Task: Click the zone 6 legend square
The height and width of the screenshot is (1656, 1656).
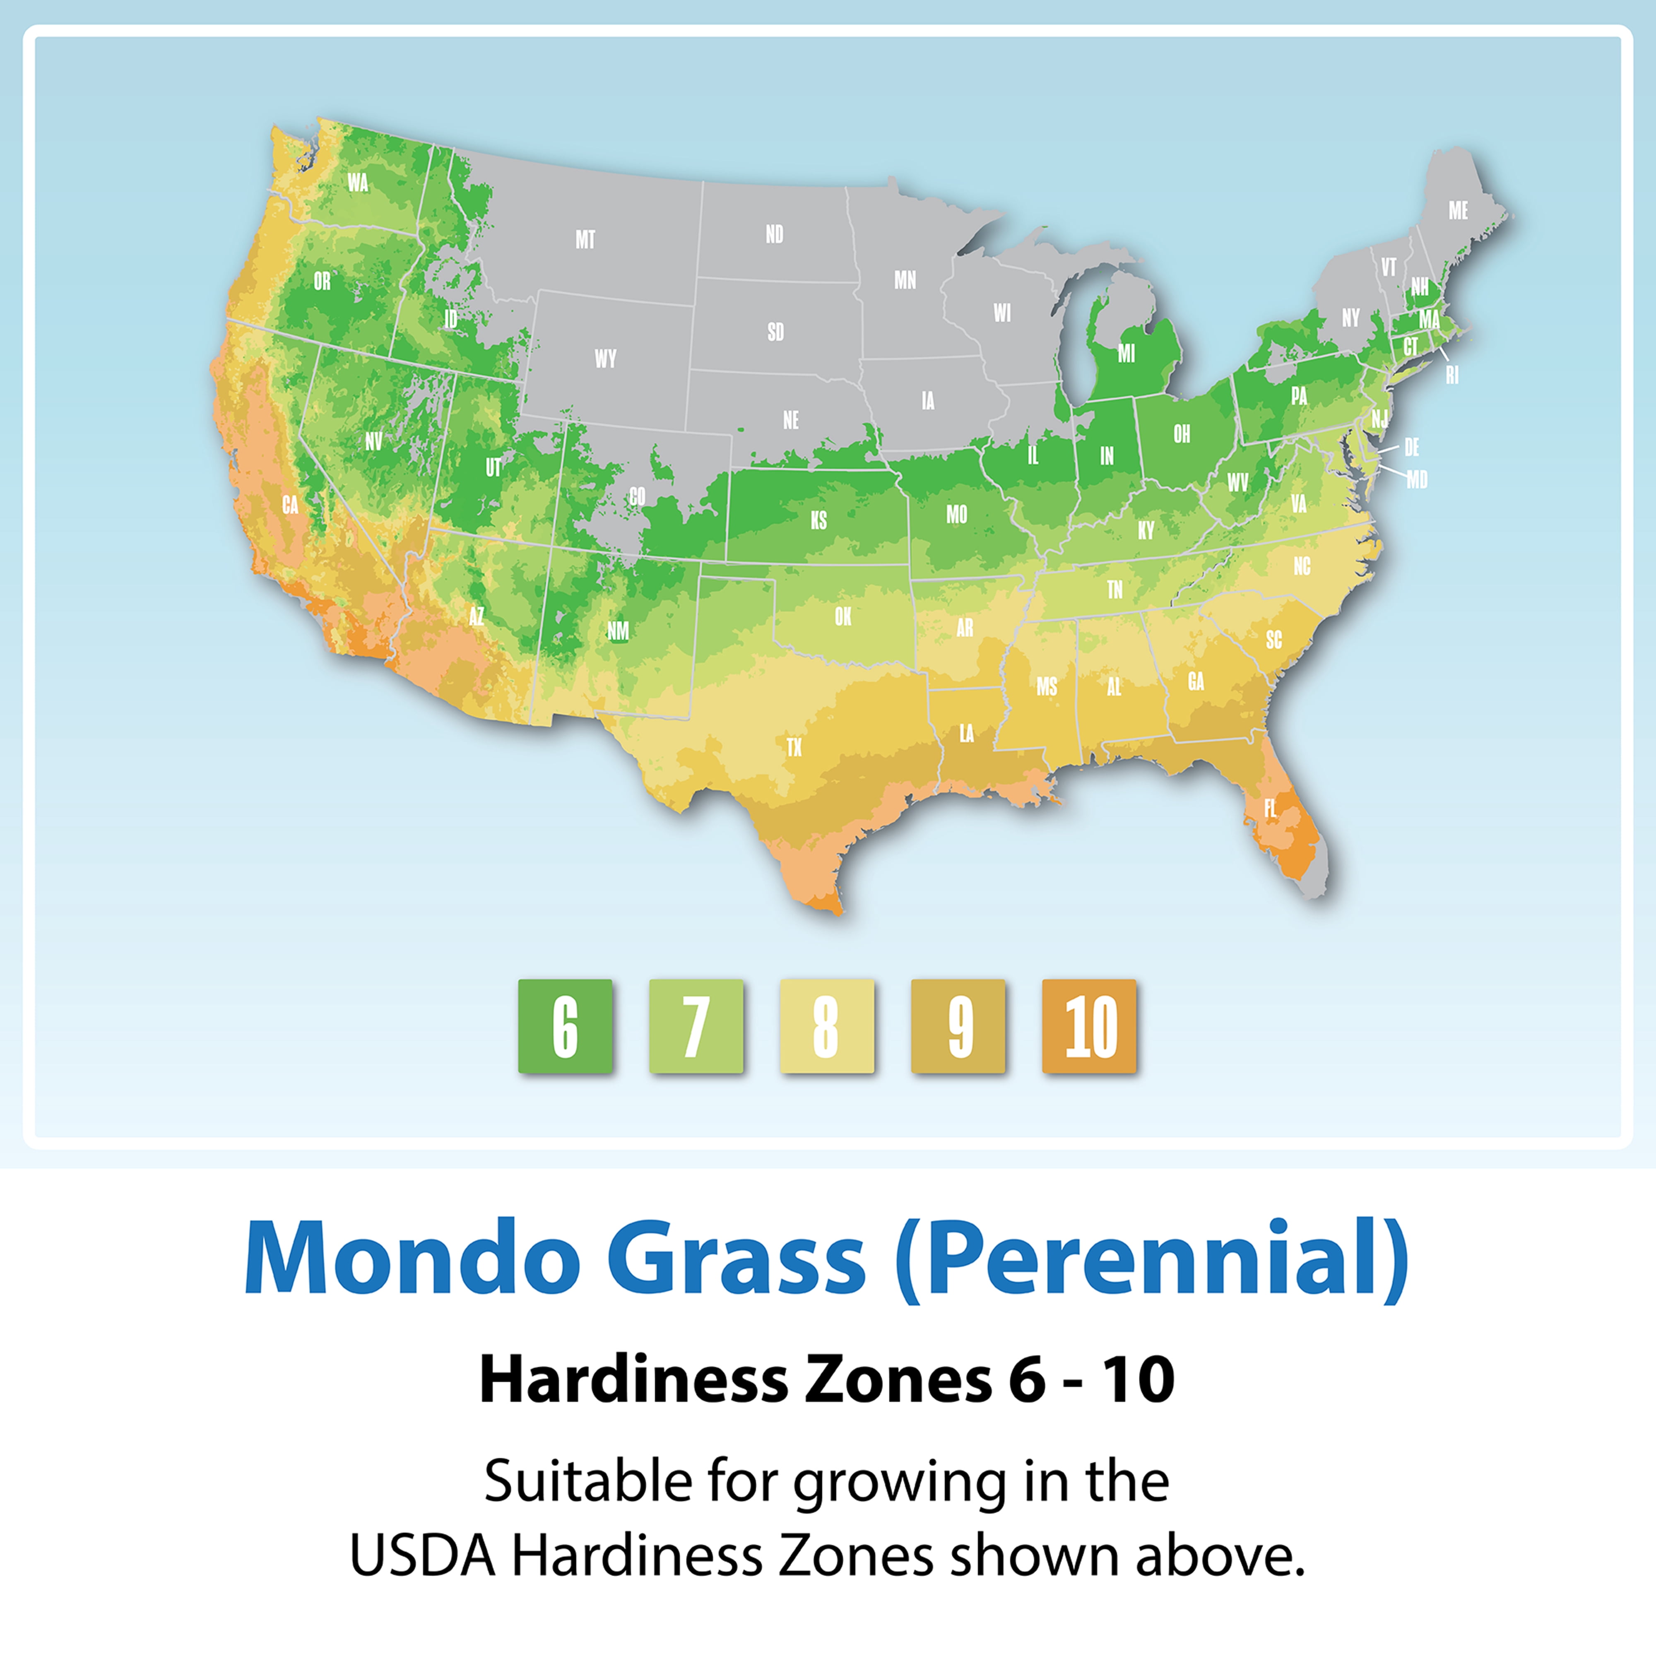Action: (565, 1026)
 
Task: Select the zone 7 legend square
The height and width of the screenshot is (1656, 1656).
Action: (696, 1026)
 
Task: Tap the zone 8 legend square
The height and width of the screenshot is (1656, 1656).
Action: (827, 1026)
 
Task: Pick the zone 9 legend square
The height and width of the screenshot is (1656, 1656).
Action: (958, 1026)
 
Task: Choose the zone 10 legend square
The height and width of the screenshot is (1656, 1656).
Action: (1089, 1026)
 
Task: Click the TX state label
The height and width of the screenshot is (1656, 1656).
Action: (794, 747)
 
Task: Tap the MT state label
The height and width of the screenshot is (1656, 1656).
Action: (585, 240)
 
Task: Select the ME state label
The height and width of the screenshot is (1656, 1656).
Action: (1458, 211)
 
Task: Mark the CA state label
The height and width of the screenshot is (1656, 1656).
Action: (291, 506)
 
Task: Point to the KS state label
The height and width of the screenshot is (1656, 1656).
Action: (818, 520)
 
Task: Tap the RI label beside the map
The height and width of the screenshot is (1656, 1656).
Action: (1452, 375)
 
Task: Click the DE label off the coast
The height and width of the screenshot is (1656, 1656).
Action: (1412, 448)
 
